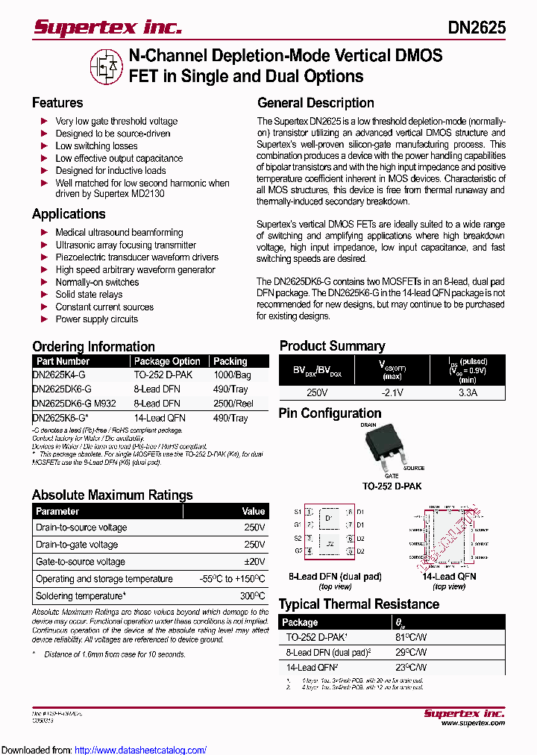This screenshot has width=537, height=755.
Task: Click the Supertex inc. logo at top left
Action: tap(107, 28)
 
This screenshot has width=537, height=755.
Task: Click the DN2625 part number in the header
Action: tap(477, 28)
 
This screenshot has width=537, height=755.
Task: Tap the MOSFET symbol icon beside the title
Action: tap(105, 66)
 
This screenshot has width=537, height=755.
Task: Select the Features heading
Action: tap(57, 103)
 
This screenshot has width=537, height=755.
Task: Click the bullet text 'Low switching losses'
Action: tap(96, 146)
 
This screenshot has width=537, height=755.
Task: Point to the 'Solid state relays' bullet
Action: tap(89, 295)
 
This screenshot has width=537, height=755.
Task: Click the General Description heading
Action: tap(315, 103)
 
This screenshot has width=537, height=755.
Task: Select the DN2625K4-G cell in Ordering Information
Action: tap(60, 375)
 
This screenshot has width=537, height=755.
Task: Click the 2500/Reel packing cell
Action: tap(233, 404)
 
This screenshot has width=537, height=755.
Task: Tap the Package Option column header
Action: tap(167, 361)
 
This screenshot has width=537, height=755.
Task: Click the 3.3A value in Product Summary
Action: tap(468, 392)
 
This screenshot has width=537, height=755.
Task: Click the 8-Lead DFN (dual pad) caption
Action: tap(324, 577)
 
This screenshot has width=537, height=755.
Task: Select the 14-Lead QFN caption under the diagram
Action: tap(449, 577)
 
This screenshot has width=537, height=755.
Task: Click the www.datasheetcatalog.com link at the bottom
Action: tap(141, 750)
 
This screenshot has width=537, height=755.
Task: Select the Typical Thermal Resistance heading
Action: tap(359, 604)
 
